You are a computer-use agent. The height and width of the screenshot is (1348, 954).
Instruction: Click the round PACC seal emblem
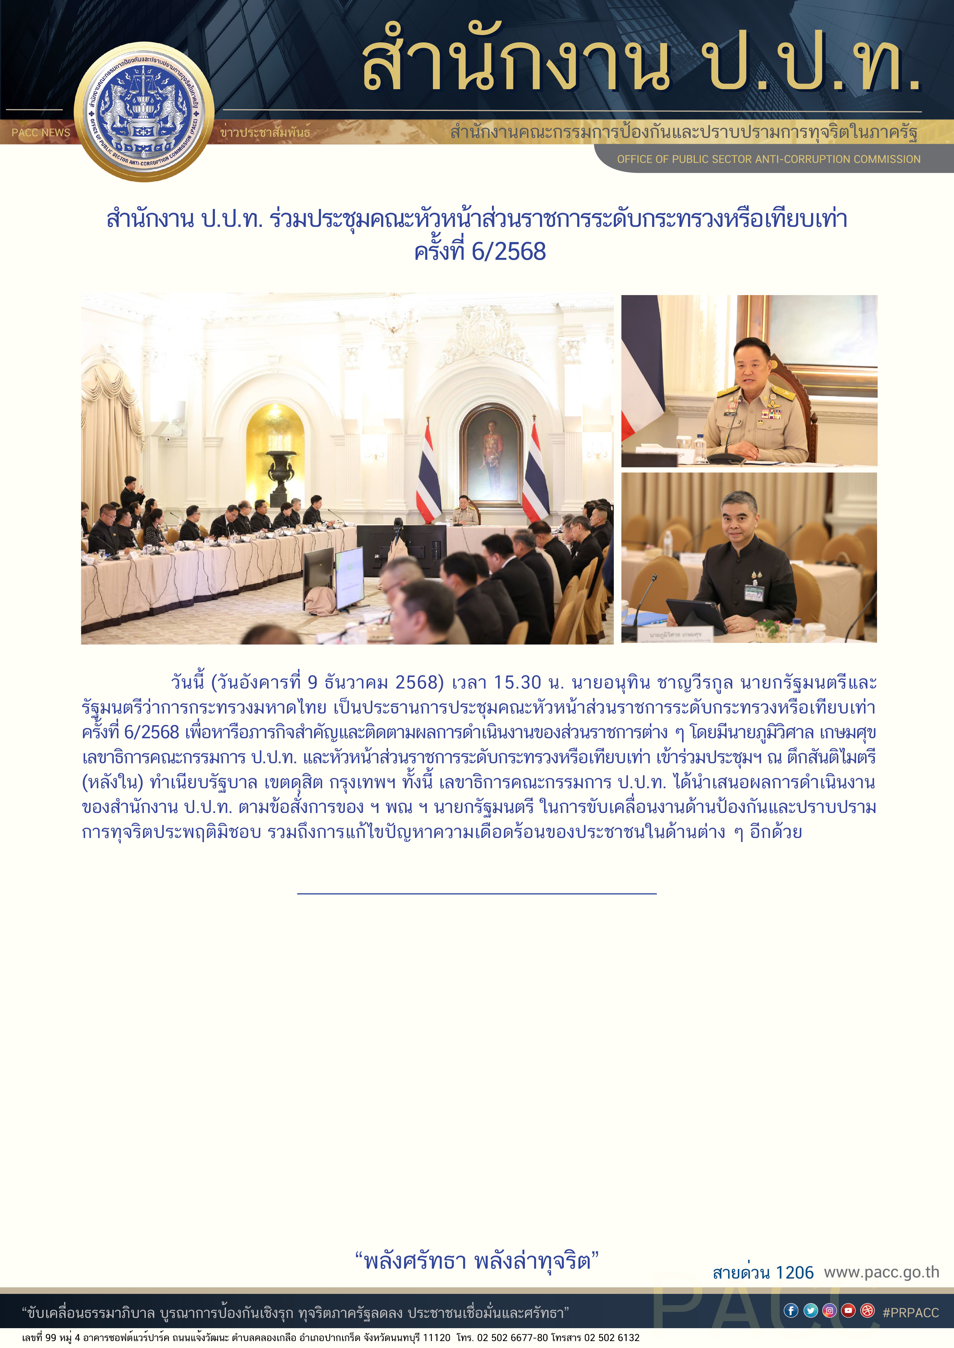[144, 112]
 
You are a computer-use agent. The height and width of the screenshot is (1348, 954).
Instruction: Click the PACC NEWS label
[41, 133]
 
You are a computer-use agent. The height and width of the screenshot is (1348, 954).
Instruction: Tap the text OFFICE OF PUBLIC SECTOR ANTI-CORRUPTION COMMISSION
[768, 159]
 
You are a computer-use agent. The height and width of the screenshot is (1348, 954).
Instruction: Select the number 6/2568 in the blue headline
[509, 252]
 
